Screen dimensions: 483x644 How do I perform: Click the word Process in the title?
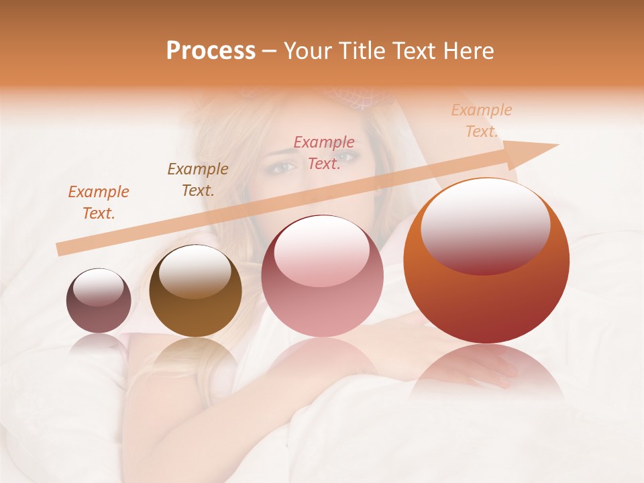pos(211,51)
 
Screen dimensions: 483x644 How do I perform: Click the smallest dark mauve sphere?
pos(99,301)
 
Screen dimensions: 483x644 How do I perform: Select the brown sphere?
pos(195,291)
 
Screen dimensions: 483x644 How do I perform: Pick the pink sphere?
pos(322,276)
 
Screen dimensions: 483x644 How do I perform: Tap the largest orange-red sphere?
pos(486,262)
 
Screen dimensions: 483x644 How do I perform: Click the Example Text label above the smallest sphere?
pos(99,202)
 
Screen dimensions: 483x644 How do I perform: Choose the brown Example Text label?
pos(198,180)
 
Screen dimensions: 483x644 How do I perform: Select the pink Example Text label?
pos(324,152)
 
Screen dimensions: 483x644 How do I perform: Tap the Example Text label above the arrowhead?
pos(482,121)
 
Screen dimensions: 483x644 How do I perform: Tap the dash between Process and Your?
pos(269,51)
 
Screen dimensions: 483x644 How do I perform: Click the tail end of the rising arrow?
pos(60,250)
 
